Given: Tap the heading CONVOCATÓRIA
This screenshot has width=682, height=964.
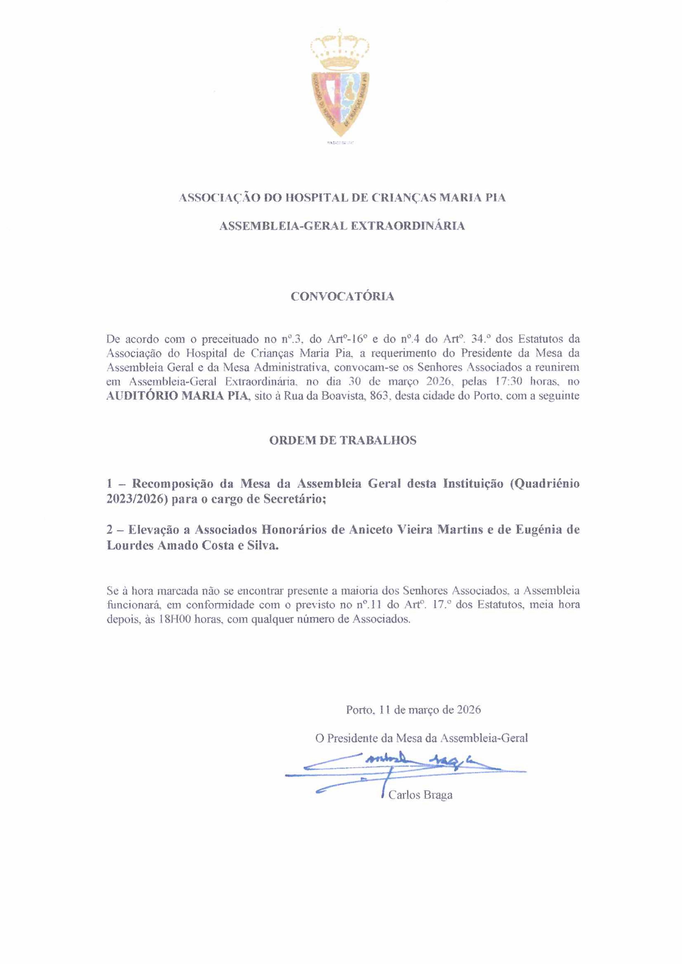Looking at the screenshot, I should [x=342, y=296].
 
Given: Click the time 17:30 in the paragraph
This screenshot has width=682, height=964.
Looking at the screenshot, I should [x=509, y=382].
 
